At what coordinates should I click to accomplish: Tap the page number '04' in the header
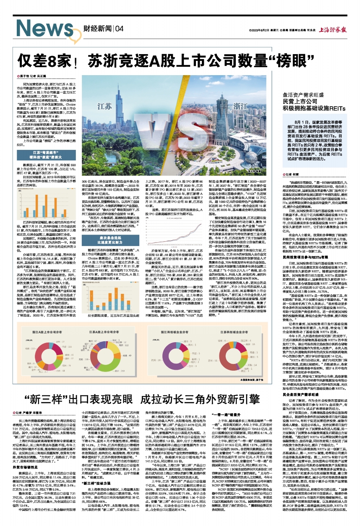pos(119,29)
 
